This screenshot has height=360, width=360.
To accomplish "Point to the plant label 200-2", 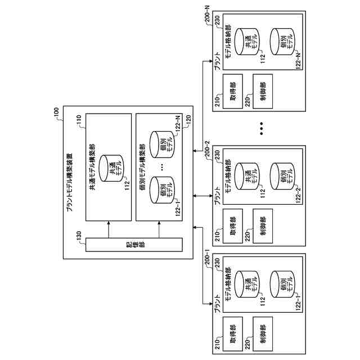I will click(x=206, y=151).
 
